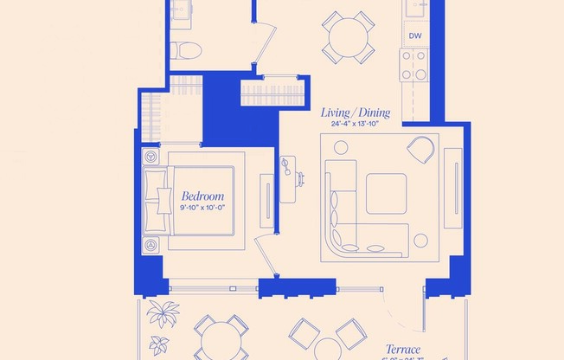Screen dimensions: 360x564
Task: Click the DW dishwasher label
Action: [415, 35]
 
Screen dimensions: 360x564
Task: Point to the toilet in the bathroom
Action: [181, 50]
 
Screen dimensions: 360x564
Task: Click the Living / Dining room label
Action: [356, 112]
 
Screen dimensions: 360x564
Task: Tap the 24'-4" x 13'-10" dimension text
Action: [356, 125]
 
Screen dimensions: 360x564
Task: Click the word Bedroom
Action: [202, 196]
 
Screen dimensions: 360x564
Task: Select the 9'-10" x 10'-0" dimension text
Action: [202, 208]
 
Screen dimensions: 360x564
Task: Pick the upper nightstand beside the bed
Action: [152, 158]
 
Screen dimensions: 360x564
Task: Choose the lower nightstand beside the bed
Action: [152, 245]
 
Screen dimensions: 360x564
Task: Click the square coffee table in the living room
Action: [386, 194]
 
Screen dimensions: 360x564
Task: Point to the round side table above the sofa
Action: [341, 148]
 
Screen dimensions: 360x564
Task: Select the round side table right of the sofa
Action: [421, 241]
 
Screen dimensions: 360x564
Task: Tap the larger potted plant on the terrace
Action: [163, 313]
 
